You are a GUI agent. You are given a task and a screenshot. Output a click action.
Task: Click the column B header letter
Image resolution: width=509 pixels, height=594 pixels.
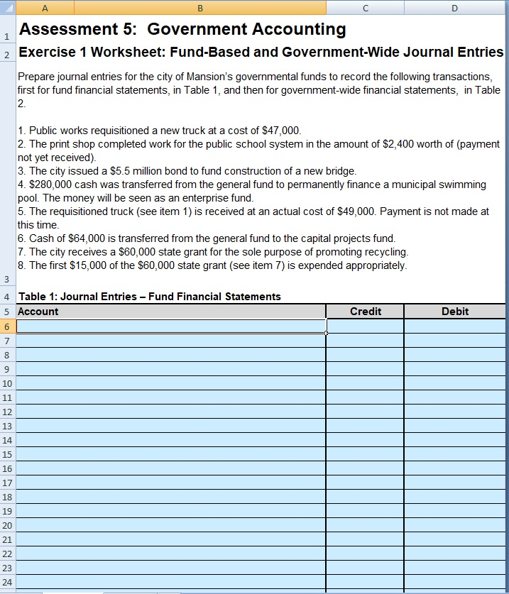click(199, 8)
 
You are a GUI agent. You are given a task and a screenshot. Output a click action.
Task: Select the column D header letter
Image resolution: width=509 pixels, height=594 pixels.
click(454, 8)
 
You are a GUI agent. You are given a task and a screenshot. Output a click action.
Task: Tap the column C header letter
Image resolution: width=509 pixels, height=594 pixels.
click(365, 8)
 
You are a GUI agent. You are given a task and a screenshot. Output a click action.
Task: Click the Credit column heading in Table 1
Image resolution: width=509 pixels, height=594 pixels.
click(365, 312)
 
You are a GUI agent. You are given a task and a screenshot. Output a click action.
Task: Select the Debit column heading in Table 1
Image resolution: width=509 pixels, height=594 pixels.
click(454, 312)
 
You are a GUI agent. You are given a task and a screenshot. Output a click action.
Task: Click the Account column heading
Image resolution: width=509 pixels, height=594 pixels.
click(38, 312)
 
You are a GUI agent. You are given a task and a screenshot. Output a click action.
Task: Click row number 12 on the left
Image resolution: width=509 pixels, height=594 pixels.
click(7, 412)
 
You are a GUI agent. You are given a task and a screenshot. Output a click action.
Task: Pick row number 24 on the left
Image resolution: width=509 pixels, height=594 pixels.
click(7, 582)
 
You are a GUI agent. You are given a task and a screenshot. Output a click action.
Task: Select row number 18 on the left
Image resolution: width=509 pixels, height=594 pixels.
click(7, 497)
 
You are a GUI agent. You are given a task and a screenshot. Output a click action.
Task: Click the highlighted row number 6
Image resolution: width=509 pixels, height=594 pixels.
click(7, 326)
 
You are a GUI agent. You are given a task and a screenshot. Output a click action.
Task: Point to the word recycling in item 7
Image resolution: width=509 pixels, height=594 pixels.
click(383, 252)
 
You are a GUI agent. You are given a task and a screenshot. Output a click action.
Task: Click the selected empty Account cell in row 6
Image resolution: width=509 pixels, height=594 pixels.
click(170, 326)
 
